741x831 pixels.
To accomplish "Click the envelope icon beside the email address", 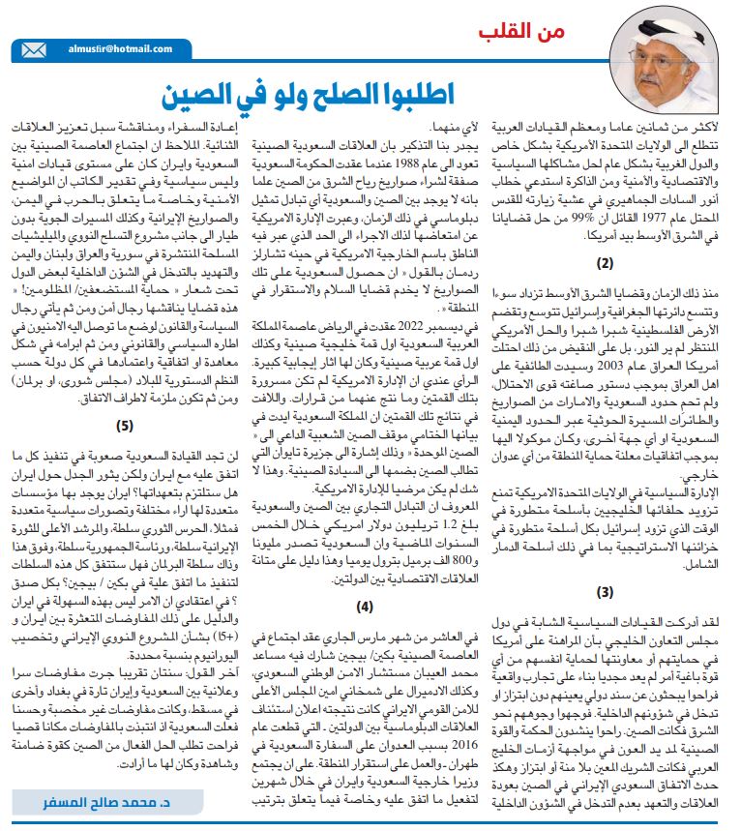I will [x=32, y=49].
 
